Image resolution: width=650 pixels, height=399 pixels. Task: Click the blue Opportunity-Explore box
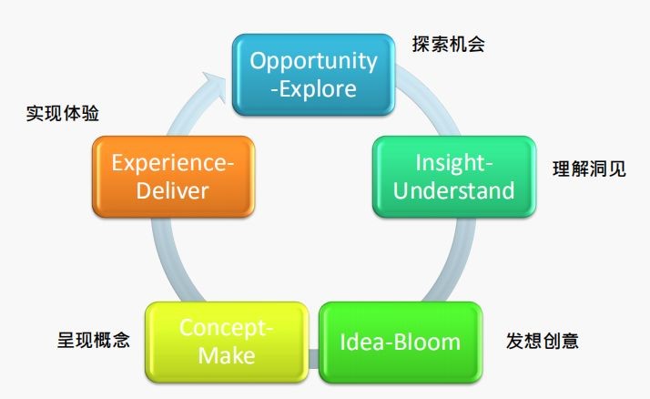point(314,74)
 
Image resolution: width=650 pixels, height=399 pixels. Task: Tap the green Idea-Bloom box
point(400,343)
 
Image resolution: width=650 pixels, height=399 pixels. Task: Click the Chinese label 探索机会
point(448,43)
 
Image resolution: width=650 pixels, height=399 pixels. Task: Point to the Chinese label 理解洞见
point(589,169)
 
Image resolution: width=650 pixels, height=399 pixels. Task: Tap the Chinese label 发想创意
point(542,342)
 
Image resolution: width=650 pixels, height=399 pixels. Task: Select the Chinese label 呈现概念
point(94,342)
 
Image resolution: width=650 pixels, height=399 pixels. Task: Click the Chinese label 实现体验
point(63,114)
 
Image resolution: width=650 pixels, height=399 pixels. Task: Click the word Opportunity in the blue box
point(314,61)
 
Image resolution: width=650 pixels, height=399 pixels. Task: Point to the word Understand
point(452,190)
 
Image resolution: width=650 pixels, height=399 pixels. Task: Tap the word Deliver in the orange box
point(172,190)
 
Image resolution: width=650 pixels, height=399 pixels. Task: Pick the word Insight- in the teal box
point(453,163)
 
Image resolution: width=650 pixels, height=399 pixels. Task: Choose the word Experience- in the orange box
point(172,163)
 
